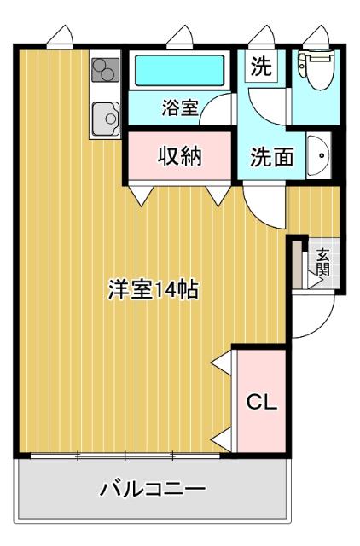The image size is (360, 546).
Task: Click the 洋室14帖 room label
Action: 153,289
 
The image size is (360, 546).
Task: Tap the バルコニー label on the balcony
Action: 153,490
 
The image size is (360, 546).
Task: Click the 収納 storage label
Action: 179,157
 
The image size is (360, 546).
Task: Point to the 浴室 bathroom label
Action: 180,108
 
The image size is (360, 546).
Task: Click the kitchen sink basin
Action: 107,114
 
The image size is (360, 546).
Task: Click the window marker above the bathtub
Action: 181,38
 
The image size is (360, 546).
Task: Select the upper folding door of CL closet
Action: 221,362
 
